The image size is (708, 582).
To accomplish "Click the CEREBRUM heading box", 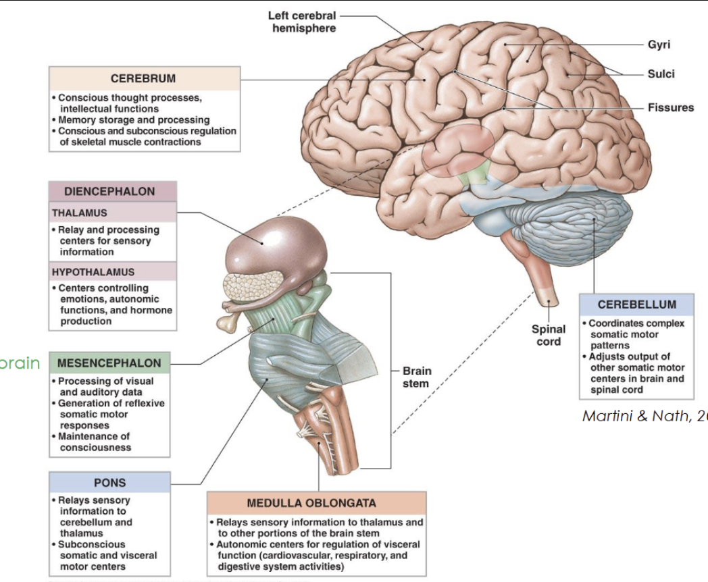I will (x=144, y=78).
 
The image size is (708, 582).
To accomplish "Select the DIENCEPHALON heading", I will (x=113, y=192).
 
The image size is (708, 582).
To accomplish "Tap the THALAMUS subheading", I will (x=80, y=213).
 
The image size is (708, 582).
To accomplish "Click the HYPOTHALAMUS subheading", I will (x=93, y=272).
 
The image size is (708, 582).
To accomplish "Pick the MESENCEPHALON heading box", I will (x=109, y=363).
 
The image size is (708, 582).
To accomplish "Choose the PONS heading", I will (x=109, y=483).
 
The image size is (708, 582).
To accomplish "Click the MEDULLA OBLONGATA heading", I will (x=317, y=503).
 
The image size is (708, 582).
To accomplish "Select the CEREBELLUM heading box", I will (x=636, y=304).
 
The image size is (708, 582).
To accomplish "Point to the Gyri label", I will (x=659, y=45).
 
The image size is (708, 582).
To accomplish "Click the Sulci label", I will (x=661, y=74).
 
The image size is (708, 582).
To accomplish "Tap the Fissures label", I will (x=670, y=107).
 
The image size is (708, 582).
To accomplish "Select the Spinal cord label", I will (x=548, y=335).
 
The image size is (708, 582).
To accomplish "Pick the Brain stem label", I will (x=416, y=377).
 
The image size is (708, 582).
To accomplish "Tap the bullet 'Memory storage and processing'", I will (x=134, y=120).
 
